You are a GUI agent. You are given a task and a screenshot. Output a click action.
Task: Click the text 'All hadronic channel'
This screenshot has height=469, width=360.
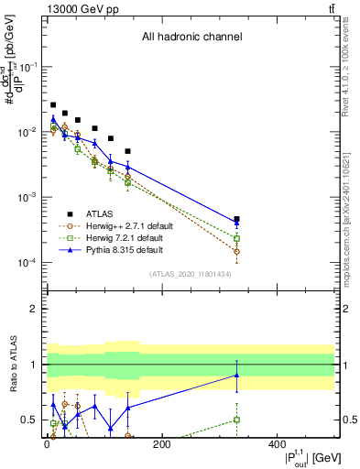[191, 38]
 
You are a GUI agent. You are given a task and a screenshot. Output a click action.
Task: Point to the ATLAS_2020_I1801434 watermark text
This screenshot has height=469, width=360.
[191, 274]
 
